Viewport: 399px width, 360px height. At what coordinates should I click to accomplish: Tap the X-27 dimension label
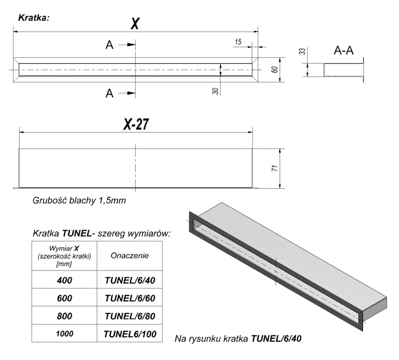[135, 124]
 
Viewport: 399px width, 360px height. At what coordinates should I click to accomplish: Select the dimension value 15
[238, 42]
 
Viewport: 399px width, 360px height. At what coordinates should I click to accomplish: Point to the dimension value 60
[274, 69]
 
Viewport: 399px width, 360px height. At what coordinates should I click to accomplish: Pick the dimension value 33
[302, 51]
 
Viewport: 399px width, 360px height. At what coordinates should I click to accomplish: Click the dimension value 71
[274, 169]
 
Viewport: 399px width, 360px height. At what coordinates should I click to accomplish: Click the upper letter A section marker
[110, 45]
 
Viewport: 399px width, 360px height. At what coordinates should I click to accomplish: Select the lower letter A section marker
[110, 93]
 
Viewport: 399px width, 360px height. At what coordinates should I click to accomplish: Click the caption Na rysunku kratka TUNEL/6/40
[238, 339]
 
